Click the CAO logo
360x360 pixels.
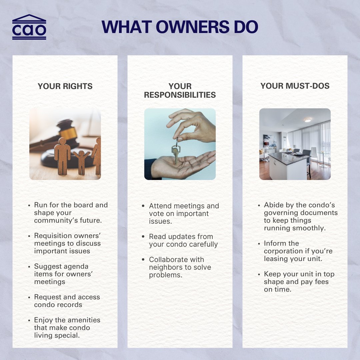tap(29, 27)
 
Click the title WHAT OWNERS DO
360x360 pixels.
tap(180, 27)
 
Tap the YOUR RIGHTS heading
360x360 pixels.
tap(65, 86)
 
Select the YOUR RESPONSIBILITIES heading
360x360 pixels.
tap(180, 91)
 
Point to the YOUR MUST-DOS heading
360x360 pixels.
tap(295, 86)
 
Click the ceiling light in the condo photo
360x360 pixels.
tap(307, 120)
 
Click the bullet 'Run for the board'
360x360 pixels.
tap(71, 213)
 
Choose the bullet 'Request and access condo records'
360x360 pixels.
tap(67, 301)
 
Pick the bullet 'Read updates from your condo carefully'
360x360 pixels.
tap(183, 240)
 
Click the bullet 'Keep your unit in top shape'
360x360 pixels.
tap(299, 282)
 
